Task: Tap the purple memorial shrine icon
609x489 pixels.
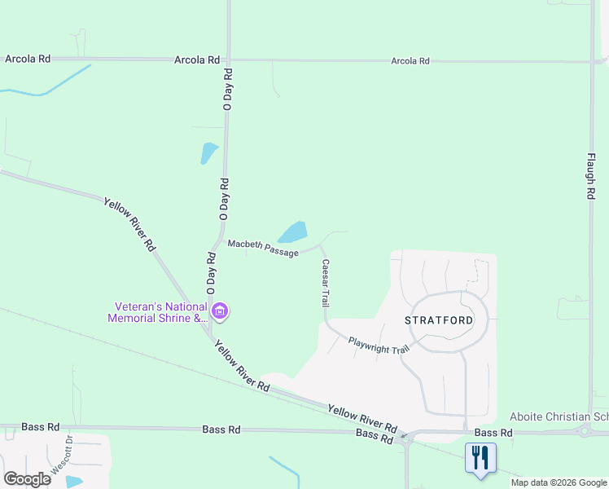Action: click(219, 311)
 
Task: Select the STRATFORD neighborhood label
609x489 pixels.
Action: click(439, 320)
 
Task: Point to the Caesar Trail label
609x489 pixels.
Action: click(325, 283)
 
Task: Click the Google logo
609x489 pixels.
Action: click(27, 479)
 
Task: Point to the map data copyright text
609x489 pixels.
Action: click(559, 482)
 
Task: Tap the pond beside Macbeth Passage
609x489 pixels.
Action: click(292, 232)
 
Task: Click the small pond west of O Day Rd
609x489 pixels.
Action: click(208, 152)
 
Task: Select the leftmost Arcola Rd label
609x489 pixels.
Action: click(28, 59)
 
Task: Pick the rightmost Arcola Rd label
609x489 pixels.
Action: click(410, 61)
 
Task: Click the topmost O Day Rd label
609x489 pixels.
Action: click(228, 90)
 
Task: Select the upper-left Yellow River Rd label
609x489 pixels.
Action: click(129, 222)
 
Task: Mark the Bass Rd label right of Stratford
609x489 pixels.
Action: click(493, 433)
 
